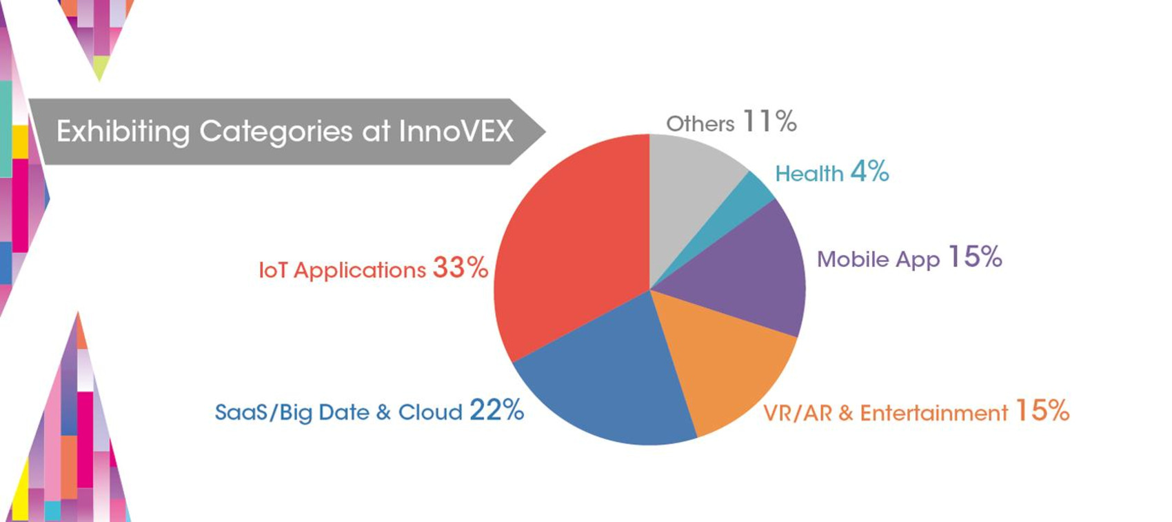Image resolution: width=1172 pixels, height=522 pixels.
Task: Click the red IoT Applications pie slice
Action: [x=572, y=248]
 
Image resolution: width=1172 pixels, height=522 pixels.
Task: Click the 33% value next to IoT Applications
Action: [x=461, y=268]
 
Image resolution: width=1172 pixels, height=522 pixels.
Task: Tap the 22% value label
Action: [x=496, y=410]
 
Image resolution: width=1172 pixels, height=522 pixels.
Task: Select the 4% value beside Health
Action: [x=869, y=171]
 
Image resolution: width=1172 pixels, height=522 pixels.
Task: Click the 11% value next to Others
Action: [x=769, y=122]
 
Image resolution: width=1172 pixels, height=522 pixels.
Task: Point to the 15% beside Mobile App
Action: [x=975, y=257]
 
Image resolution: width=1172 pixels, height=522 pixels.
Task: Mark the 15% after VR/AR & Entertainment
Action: [x=1042, y=411]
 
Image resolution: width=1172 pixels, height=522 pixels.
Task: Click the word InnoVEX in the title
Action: [x=456, y=131]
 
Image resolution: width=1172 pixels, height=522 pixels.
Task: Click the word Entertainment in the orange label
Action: [x=933, y=413]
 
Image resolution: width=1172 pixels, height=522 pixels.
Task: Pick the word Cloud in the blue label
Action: [x=430, y=412]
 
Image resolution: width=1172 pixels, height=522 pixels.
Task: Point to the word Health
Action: [x=809, y=173]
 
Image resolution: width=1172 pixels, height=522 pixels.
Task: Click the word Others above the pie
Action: [x=700, y=124]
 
